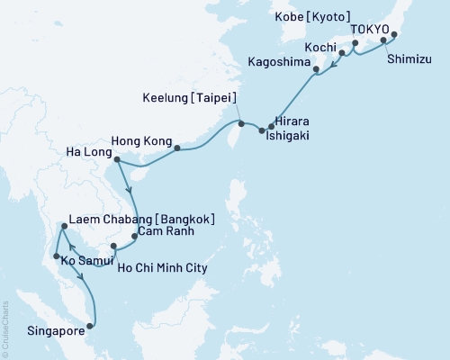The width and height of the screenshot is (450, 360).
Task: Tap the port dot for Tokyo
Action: [393, 37]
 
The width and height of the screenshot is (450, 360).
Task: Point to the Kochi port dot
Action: [341, 53]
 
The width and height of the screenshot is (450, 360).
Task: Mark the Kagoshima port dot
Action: [316, 68]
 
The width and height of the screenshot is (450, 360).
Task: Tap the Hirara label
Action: [292, 118]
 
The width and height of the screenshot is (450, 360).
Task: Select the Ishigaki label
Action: [294, 131]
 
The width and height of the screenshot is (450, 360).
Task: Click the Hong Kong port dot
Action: [176, 148]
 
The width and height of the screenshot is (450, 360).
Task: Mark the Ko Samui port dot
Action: [57, 256]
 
